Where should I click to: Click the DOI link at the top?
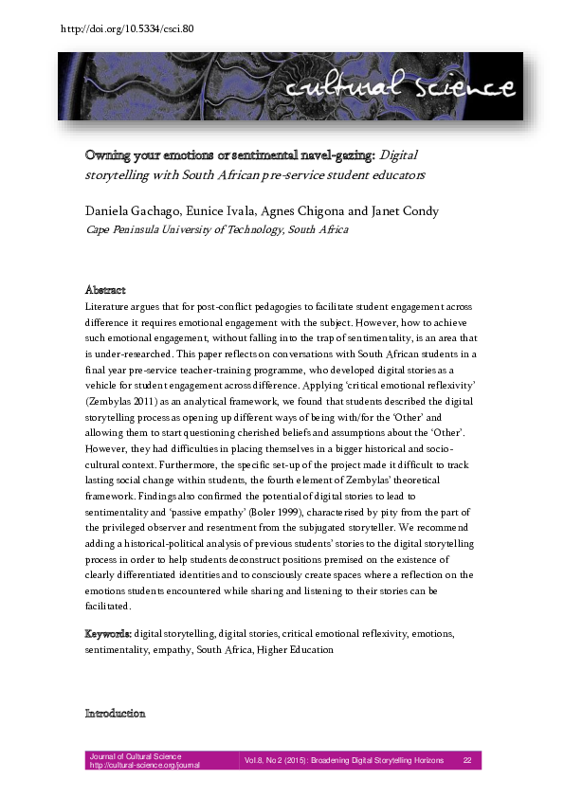[x=126, y=28]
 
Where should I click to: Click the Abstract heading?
[x=105, y=290]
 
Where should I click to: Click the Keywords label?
[x=107, y=631]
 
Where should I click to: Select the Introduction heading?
[x=115, y=713]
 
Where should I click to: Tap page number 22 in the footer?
[x=467, y=760]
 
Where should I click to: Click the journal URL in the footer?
[x=144, y=765]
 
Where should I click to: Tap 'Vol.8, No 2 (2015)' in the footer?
[x=283, y=760]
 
